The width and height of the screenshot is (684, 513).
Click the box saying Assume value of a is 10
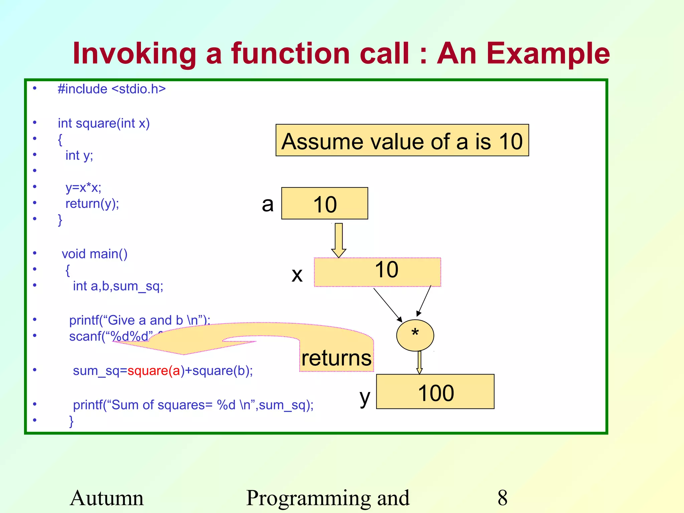402,140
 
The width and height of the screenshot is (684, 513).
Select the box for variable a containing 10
324,203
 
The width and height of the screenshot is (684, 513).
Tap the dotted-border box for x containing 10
377,272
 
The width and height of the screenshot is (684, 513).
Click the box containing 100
435,392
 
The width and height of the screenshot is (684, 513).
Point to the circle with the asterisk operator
415,335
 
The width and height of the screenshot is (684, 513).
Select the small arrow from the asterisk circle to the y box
419,363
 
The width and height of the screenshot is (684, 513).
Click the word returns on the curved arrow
336,358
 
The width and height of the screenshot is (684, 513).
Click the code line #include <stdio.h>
112,89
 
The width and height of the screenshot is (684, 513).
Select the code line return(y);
92,203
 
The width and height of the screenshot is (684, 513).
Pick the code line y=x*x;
83,187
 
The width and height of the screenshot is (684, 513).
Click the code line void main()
95,254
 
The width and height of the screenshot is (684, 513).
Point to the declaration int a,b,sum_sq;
118,286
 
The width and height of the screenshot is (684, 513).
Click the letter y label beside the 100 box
365,397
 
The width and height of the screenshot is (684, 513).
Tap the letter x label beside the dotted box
297,275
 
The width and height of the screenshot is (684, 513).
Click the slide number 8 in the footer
502,498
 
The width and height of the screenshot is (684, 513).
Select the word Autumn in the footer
107,498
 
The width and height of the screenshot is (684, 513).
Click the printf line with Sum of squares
193,405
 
